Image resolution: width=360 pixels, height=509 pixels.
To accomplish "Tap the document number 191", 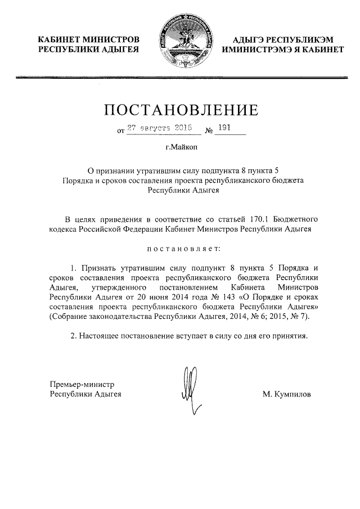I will point(224,128).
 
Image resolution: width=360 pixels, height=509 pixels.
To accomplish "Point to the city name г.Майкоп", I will point(179,149).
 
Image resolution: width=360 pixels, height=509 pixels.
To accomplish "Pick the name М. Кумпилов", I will point(286,395).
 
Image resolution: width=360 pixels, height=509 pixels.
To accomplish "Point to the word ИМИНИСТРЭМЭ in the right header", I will point(256,50).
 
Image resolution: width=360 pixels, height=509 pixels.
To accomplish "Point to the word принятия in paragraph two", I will point(290,336).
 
